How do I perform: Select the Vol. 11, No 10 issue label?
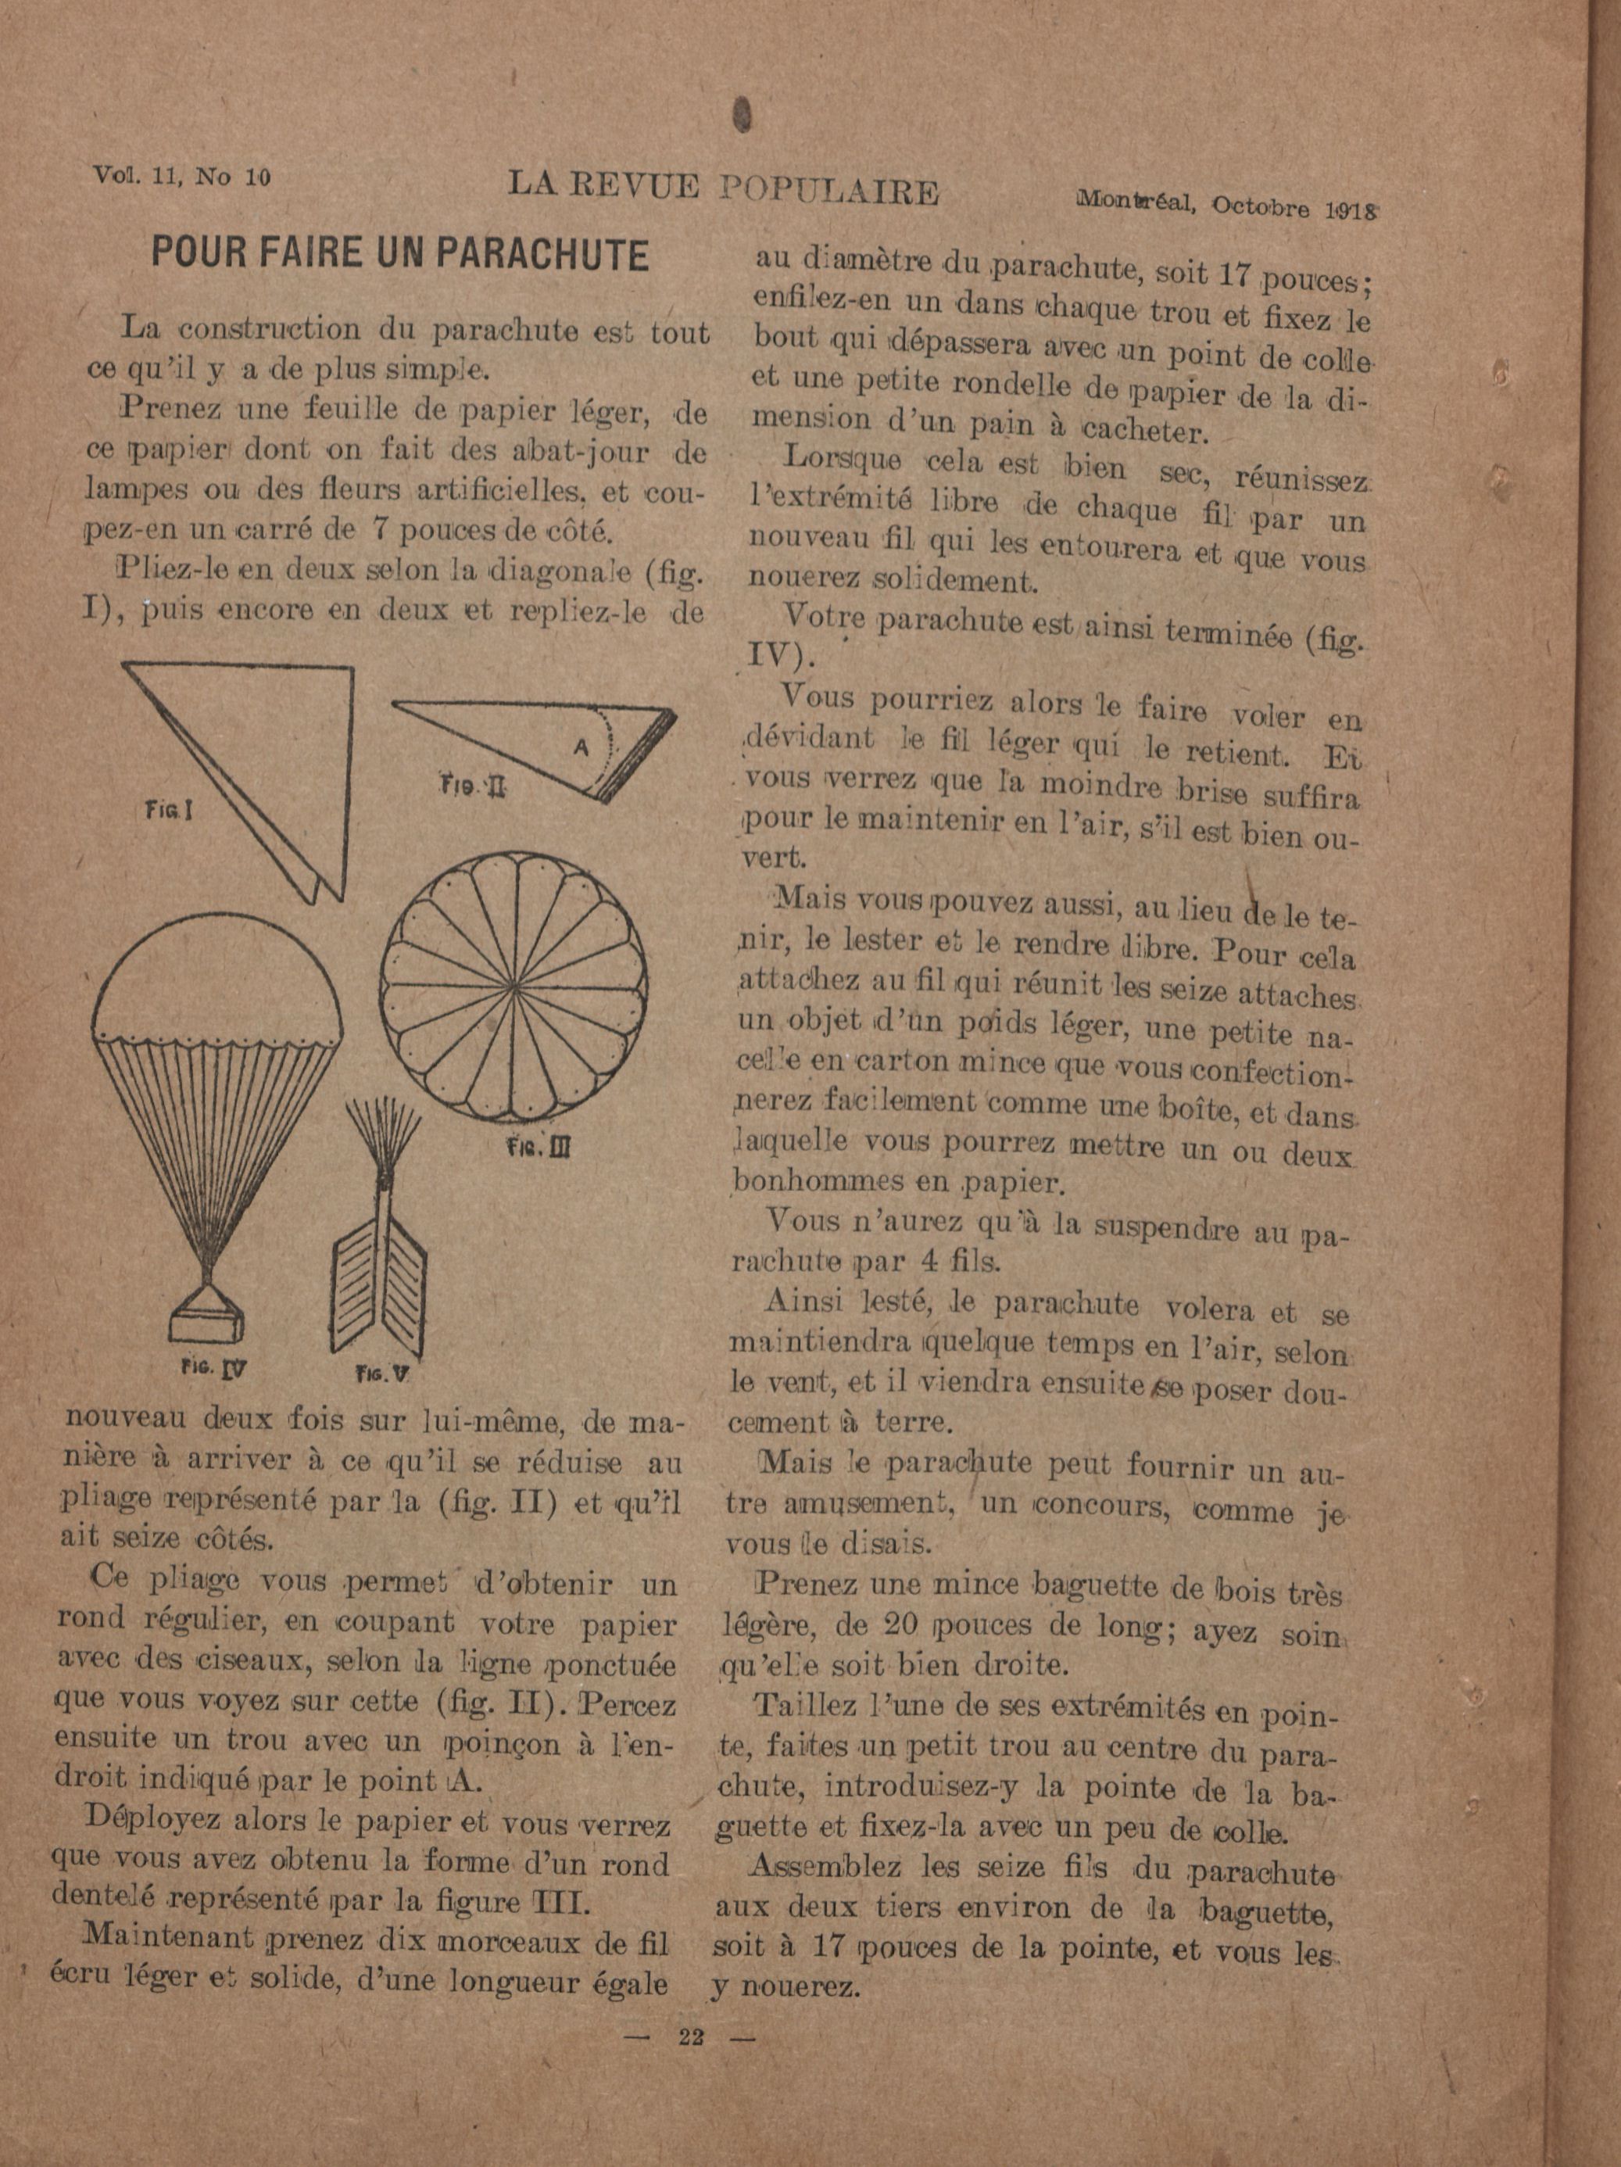pyautogui.click(x=182, y=177)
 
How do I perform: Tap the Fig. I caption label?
pyautogui.click(x=169, y=809)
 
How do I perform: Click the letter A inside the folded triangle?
pyautogui.click(x=581, y=747)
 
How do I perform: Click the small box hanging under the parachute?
pyautogui.click(x=206, y=1323)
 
